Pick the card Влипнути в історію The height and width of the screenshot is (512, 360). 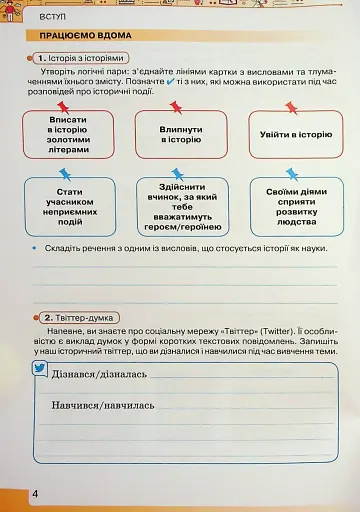tap(181, 135)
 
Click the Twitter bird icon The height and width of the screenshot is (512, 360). tap(41, 369)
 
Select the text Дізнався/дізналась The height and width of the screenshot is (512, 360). tap(98, 375)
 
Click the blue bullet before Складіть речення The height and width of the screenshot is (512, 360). tap(34, 247)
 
